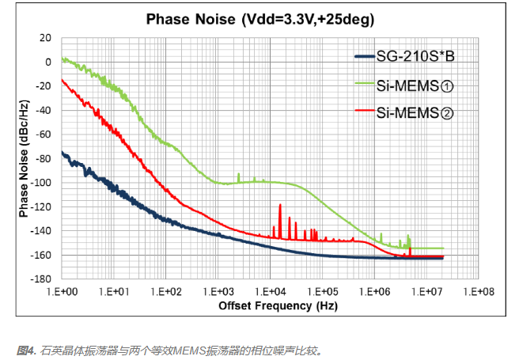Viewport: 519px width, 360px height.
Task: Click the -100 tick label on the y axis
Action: (42, 183)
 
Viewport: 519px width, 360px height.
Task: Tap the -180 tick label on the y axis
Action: (42, 279)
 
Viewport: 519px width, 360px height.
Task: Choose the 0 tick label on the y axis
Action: (47, 62)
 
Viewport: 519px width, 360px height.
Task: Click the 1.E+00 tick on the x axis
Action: (62, 291)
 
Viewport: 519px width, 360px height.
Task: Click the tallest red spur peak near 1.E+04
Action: (278, 205)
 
